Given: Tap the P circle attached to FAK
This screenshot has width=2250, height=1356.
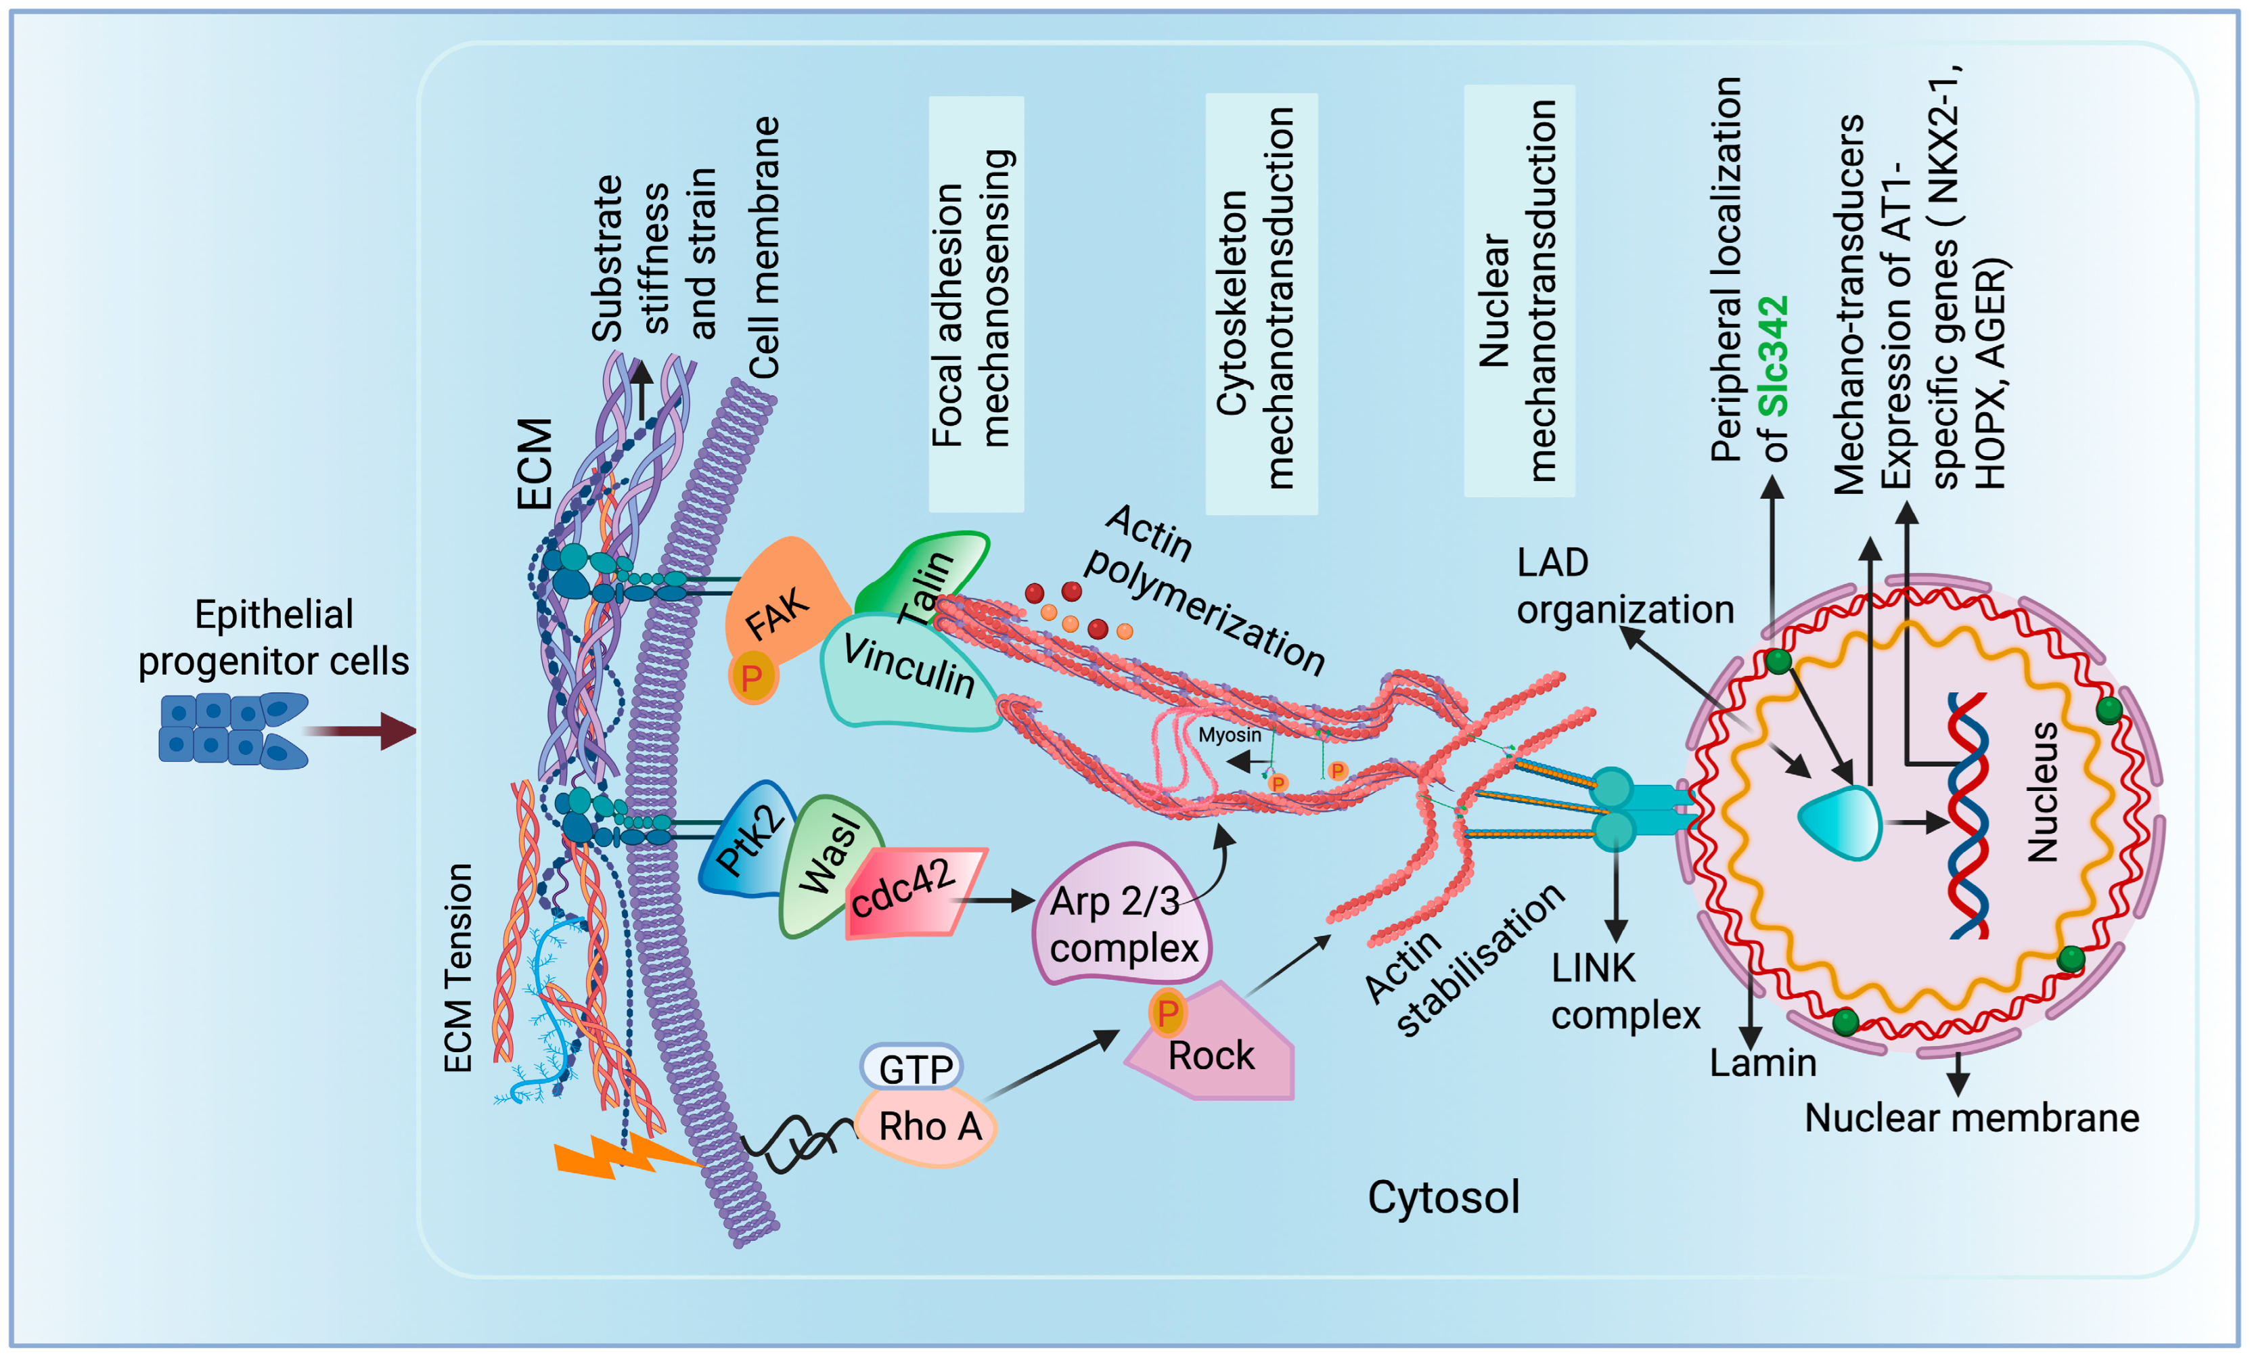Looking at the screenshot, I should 752,677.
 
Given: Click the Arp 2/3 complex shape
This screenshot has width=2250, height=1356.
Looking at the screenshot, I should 1123,918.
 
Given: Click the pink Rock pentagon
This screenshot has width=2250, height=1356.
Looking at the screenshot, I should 1215,1050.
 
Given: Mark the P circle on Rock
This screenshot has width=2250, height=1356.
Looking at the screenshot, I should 1167,1012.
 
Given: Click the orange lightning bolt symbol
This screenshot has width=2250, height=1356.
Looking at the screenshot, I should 621,1155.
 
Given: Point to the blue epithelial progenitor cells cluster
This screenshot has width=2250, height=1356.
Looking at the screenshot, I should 233,731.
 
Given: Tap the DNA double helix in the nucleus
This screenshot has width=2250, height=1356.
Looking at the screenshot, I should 1968,813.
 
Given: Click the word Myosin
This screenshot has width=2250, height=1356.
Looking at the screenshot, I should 1229,735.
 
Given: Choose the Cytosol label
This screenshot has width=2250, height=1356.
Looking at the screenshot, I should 1443,1197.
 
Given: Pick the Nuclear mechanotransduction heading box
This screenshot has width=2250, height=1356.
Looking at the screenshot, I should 1518,290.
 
